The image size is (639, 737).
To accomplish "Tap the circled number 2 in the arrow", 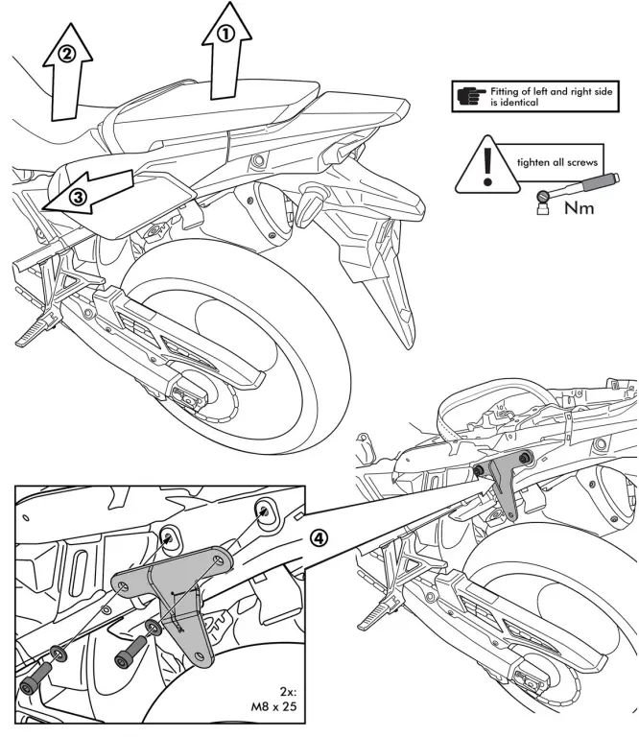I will point(66,55).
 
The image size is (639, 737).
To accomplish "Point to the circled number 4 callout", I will point(323,538).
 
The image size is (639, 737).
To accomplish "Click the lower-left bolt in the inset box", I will point(31,687).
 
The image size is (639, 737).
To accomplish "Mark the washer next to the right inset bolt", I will point(152,630).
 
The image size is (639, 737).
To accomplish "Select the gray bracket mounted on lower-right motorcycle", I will point(502,485).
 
